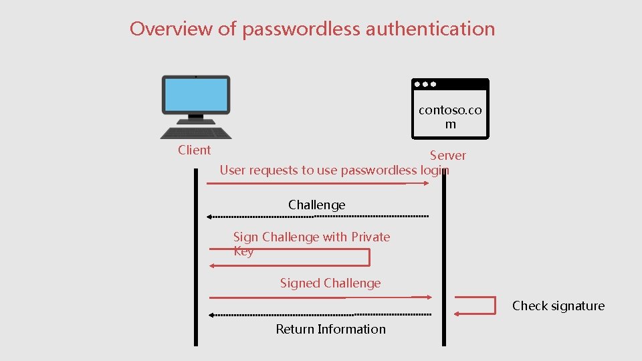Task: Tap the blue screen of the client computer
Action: (x=196, y=94)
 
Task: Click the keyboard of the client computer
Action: (x=195, y=131)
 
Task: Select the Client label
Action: (x=194, y=150)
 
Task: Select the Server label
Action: (x=447, y=156)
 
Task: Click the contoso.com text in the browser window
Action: (x=449, y=117)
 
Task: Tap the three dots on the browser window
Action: (x=425, y=85)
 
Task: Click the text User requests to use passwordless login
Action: (x=334, y=170)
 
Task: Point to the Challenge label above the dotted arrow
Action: (x=316, y=205)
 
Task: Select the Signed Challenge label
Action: (x=330, y=283)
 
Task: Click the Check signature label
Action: (x=558, y=306)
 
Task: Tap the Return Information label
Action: (x=330, y=329)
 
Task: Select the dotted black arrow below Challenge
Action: (x=318, y=217)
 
